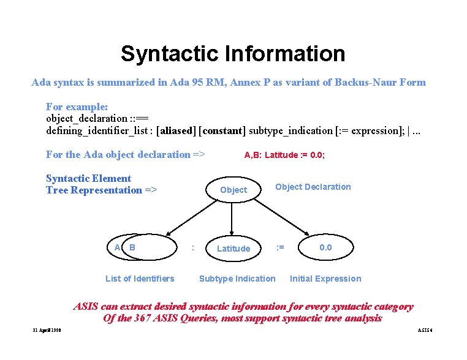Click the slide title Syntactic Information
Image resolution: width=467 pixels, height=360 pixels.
coord(233,54)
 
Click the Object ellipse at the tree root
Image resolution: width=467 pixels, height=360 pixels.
coord(233,190)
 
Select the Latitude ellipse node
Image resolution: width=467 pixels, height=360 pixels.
coord(233,248)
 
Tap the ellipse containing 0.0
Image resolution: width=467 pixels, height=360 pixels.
coord(325,247)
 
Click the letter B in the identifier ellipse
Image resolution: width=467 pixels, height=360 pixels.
coord(132,247)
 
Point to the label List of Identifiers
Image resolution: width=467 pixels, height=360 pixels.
coord(140,279)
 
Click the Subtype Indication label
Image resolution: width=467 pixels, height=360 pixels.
coord(237,279)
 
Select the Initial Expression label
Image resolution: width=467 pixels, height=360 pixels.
coord(325,279)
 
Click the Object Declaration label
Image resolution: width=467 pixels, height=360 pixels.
coord(313,187)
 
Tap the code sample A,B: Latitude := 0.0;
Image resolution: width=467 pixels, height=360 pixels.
coord(284,156)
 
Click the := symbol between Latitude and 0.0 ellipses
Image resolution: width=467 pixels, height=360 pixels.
coord(279,247)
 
